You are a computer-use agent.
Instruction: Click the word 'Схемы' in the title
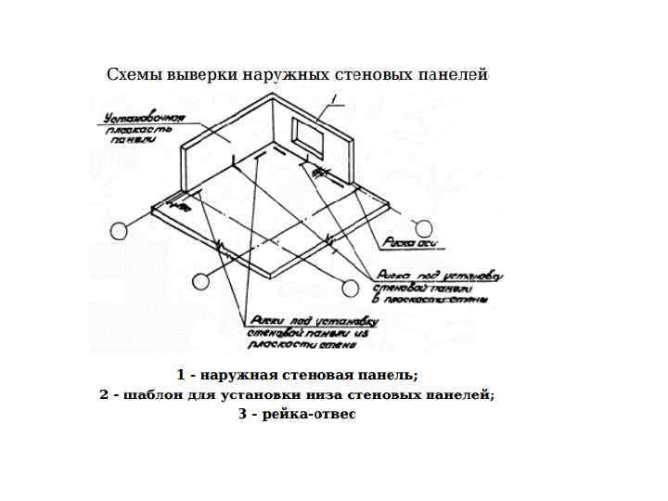point(134,74)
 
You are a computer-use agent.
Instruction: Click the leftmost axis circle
point(119,231)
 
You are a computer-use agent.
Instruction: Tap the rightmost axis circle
point(423,228)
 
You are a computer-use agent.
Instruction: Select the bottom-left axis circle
point(201,282)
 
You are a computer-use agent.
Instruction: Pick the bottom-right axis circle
point(351,288)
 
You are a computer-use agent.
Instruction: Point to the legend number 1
point(181,375)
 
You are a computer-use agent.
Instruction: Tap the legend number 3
point(243,414)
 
